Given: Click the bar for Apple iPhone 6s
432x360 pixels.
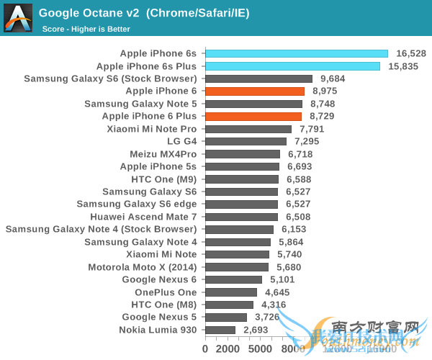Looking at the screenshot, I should point(296,53).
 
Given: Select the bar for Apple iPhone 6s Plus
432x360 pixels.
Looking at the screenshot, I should point(292,66).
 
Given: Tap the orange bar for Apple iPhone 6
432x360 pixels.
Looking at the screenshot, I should point(255,91).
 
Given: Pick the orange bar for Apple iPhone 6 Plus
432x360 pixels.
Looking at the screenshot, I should point(253,116).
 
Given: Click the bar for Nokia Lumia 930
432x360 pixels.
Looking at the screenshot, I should point(220,330).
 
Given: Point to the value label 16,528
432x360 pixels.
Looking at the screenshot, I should point(411,53).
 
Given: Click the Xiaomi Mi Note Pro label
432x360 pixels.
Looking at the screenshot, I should point(151,129).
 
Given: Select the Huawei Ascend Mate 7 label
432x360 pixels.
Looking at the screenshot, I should point(143,216).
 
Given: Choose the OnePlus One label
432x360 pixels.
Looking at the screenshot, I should point(166,292).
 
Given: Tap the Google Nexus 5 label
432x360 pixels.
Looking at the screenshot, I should point(159,317).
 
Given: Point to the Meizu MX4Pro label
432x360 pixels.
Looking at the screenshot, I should point(163,154).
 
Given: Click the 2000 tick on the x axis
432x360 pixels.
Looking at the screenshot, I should point(226,348).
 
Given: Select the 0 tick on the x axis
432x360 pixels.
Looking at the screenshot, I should point(205,348).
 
